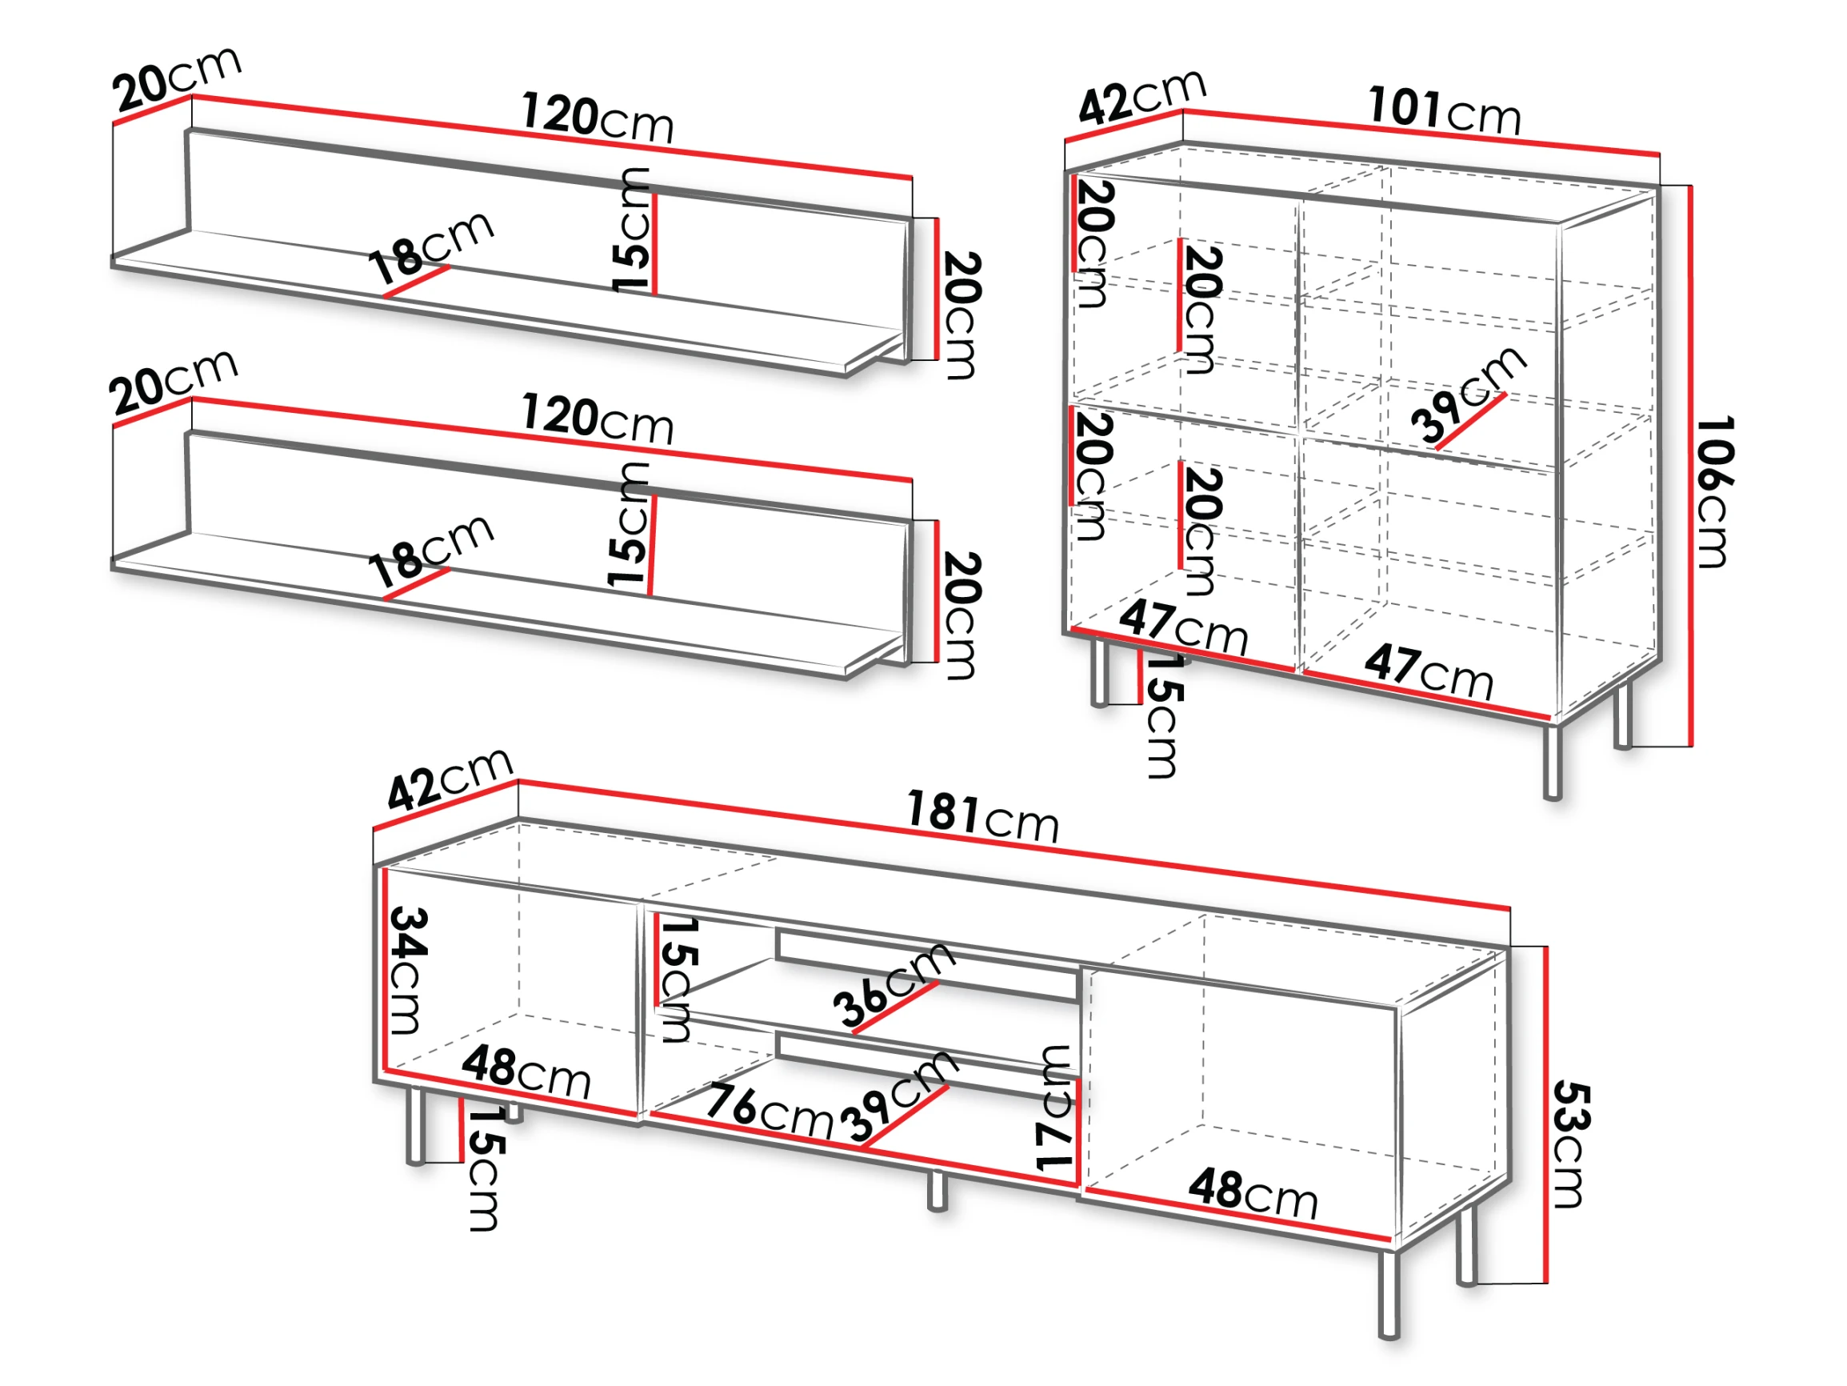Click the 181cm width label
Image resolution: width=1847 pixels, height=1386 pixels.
[x=983, y=816]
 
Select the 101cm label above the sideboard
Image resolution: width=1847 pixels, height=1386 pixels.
[x=1445, y=110]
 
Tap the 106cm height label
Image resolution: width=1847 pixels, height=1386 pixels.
[x=1715, y=492]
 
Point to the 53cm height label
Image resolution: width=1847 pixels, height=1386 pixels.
[x=1573, y=1144]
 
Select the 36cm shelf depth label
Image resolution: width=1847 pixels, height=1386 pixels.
[x=894, y=983]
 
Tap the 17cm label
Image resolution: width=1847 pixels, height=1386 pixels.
[x=1053, y=1107]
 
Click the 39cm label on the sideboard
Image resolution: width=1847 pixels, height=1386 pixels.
[x=1469, y=394]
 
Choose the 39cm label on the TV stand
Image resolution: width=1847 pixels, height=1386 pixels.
[x=898, y=1096]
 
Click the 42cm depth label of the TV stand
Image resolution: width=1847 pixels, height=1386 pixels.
[x=450, y=778]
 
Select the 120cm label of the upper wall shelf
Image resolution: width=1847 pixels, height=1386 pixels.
[x=597, y=118]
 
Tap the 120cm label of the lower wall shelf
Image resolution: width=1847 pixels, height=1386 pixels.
[x=597, y=419]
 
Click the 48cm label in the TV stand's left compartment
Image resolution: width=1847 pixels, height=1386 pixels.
[x=526, y=1071]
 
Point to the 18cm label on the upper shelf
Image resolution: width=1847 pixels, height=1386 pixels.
[x=431, y=247]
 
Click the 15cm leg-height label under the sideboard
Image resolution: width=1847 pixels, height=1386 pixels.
[x=1164, y=715]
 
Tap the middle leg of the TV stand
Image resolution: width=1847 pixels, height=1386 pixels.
[x=937, y=1190]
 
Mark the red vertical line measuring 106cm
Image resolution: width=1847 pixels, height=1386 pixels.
[x=1691, y=466]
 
